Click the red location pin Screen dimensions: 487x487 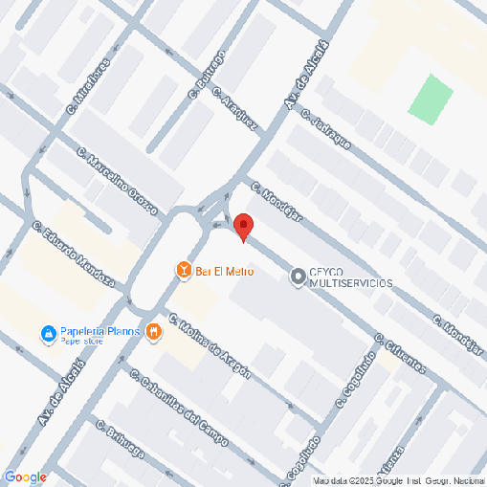[243, 227]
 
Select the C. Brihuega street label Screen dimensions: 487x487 [120, 438]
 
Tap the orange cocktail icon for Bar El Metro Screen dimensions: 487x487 [183, 272]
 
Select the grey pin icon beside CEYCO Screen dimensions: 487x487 [298, 277]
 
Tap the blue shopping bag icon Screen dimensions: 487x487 [47, 334]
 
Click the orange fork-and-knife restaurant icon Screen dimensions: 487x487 [153, 332]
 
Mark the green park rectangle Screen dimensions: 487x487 [431, 99]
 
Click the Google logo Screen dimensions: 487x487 [25, 476]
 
